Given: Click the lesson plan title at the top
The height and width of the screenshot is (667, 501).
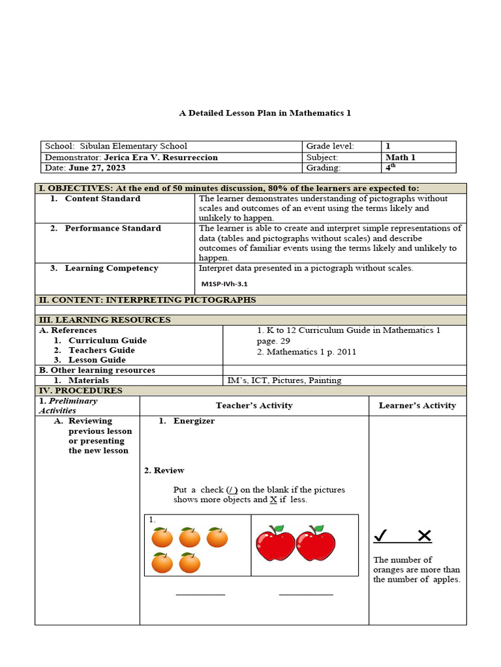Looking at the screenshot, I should click(x=265, y=113).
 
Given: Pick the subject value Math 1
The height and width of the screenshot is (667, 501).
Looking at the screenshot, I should click(x=401, y=158).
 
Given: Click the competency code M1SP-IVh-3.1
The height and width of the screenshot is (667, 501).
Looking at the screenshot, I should click(x=224, y=284).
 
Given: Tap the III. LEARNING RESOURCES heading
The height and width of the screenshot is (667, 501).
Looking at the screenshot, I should click(x=104, y=320).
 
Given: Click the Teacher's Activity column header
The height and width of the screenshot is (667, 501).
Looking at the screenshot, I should click(x=254, y=405).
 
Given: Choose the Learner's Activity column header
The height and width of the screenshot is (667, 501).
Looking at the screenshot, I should click(x=417, y=405).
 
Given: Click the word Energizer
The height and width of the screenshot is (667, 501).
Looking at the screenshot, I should click(x=194, y=421).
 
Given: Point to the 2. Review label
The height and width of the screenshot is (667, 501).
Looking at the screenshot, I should click(x=164, y=470).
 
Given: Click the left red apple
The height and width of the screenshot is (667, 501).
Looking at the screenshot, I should click(x=275, y=545).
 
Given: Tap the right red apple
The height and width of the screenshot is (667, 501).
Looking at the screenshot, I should click(x=316, y=545).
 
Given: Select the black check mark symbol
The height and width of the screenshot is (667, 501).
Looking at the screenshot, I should click(x=382, y=536).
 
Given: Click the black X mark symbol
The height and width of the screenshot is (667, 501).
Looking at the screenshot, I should click(x=424, y=536).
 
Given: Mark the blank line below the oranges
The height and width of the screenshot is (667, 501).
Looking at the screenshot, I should click(x=200, y=594).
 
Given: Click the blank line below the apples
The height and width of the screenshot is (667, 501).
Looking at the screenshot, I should click(x=306, y=594).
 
